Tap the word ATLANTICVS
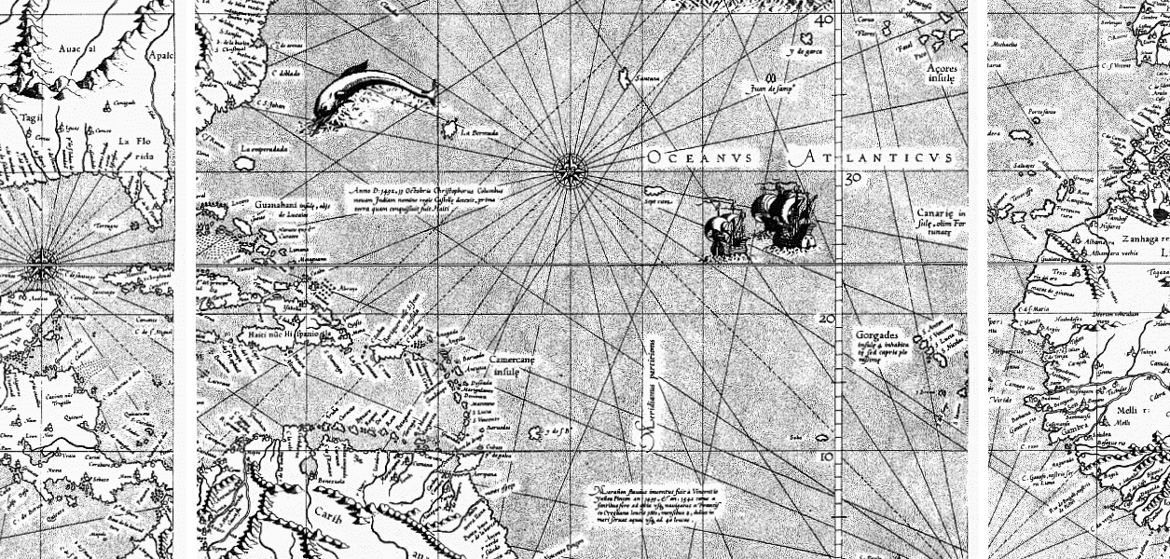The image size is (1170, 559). click(873, 158)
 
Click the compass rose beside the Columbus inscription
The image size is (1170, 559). click(568, 170)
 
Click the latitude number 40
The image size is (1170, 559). click(823, 20)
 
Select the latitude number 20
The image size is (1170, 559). click(825, 318)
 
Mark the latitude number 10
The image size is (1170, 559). click(825, 457)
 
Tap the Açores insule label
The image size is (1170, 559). click(941, 74)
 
